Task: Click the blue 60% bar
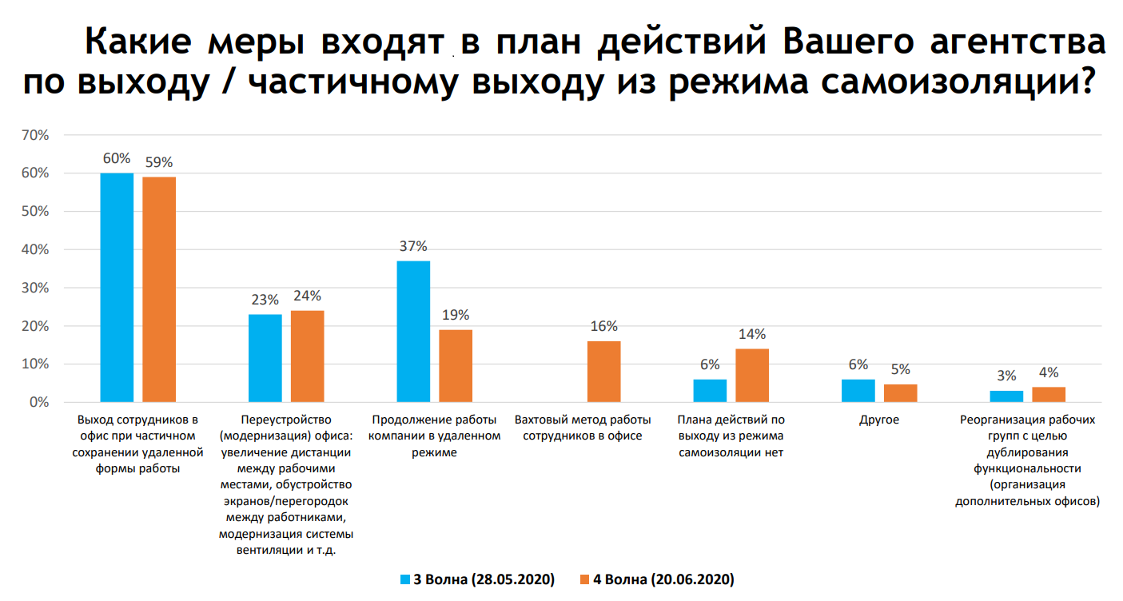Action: (x=117, y=288)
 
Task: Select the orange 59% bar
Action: (x=159, y=289)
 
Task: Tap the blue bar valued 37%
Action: (x=413, y=331)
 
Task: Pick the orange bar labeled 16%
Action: (x=603, y=371)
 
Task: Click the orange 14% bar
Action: (x=752, y=375)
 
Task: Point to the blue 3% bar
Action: (x=1006, y=396)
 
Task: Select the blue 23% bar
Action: (x=265, y=358)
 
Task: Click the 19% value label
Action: (x=456, y=315)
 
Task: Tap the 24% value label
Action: (x=307, y=296)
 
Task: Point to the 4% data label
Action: (x=1049, y=372)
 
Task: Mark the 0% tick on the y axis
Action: (x=38, y=402)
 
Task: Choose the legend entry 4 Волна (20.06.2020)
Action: (x=656, y=579)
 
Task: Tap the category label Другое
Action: (x=879, y=420)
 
